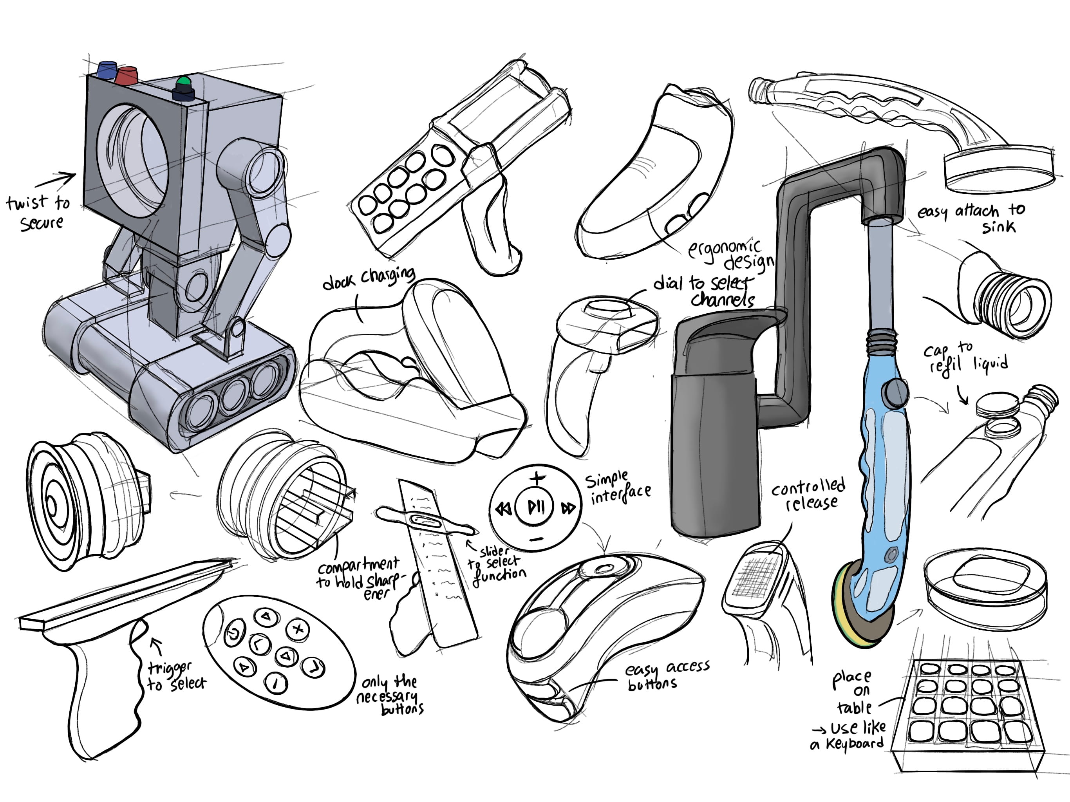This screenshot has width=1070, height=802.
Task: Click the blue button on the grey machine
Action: (x=107, y=69)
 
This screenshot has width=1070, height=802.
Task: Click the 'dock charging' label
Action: (x=369, y=278)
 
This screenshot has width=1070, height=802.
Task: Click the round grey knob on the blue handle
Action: (x=895, y=392)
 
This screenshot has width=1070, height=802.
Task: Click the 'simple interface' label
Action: (x=618, y=488)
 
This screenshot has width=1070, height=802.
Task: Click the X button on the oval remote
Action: (x=298, y=629)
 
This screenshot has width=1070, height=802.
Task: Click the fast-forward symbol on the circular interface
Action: (x=568, y=508)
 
